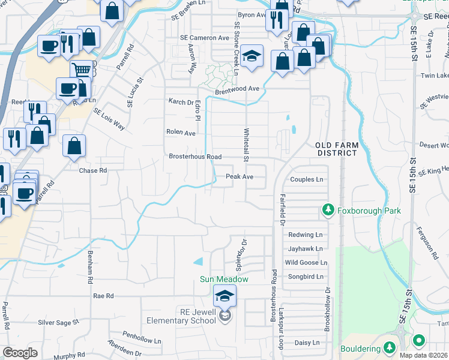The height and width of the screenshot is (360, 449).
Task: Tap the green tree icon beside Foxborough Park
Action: click(328, 210)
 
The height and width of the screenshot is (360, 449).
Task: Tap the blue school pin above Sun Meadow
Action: click(225, 295)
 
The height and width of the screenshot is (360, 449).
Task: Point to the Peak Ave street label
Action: click(240, 177)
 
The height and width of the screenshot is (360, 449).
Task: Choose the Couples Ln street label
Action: click(306, 179)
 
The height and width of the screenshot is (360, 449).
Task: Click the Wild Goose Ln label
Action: click(306, 263)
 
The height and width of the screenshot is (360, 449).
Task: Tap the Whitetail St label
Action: click(246, 145)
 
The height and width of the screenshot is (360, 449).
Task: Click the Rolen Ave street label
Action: click(181, 133)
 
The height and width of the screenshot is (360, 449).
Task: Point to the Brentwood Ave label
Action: click(237, 89)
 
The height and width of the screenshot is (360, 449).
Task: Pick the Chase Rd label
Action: click(93, 170)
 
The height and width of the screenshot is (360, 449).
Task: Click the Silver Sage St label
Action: click(58, 322)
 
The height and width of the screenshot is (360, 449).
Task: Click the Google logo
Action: click(20, 352)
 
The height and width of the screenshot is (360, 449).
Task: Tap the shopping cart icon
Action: click(82, 70)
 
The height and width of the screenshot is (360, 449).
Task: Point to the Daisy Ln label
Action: click(306, 343)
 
